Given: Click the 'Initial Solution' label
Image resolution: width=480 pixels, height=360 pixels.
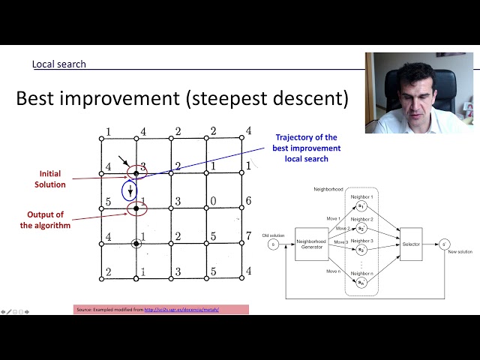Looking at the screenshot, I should [x=50, y=178].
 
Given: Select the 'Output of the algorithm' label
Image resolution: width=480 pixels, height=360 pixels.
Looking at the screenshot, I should [x=46, y=219].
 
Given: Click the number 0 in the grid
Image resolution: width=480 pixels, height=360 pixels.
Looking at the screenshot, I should [x=214, y=201].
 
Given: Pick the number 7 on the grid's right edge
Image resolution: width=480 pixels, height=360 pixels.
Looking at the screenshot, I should [x=248, y=236].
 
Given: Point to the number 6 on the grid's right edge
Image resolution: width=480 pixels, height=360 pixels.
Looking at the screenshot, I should [x=248, y=201].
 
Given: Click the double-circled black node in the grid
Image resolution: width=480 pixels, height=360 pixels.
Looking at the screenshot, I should [x=136, y=243].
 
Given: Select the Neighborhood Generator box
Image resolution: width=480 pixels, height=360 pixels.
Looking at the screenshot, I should [x=311, y=244].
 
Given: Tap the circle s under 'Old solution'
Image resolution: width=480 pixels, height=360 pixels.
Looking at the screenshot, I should [x=273, y=244].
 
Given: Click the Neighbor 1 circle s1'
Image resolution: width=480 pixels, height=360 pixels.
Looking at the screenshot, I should [x=361, y=205].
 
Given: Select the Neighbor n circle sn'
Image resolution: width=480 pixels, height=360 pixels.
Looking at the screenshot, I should [x=361, y=282].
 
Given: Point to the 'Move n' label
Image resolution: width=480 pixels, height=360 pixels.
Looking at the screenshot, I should [x=334, y=271].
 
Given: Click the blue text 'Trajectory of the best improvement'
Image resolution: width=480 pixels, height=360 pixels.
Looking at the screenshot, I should [x=306, y=142].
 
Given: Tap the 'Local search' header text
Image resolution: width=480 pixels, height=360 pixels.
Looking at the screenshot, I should [x=58, y=64].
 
